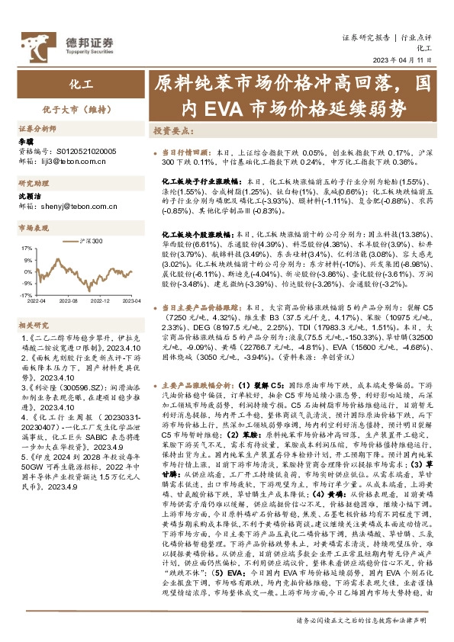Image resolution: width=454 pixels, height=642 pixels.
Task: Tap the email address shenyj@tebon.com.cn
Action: [72, 194]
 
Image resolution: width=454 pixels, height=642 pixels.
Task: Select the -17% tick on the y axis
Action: [25, 294]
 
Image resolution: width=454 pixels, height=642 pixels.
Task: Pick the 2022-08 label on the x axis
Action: [72, 301]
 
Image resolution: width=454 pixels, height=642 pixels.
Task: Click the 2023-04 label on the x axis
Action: [131, 301]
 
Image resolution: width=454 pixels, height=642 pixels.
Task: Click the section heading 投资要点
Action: [172, 130]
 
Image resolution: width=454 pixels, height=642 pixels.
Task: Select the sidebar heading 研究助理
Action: [34, 173]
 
